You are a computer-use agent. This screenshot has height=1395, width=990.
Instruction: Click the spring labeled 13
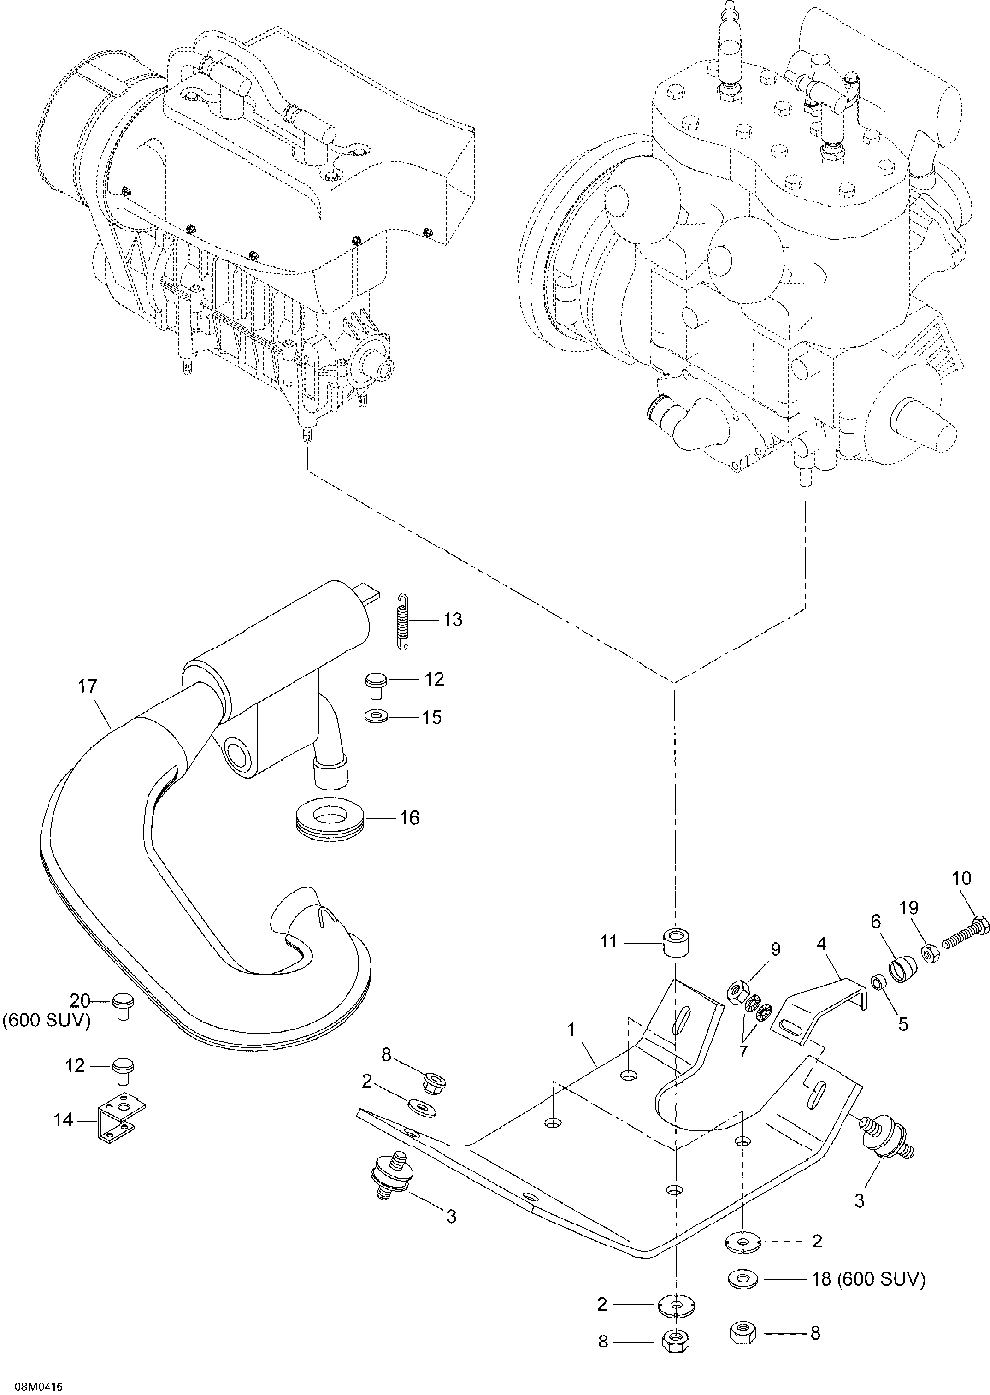point(403,622)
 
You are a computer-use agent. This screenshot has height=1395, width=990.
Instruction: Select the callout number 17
point(88,686)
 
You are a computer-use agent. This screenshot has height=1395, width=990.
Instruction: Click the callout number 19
point(909,907)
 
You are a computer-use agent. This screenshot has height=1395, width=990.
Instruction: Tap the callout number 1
point(571,1030)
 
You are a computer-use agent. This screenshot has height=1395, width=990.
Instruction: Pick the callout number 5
point(903,1024)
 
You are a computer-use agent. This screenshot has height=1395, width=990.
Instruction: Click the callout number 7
point(742,1051)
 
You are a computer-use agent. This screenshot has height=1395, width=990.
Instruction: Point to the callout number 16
point(409,817)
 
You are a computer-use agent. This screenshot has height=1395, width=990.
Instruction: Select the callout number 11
point(608,941)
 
